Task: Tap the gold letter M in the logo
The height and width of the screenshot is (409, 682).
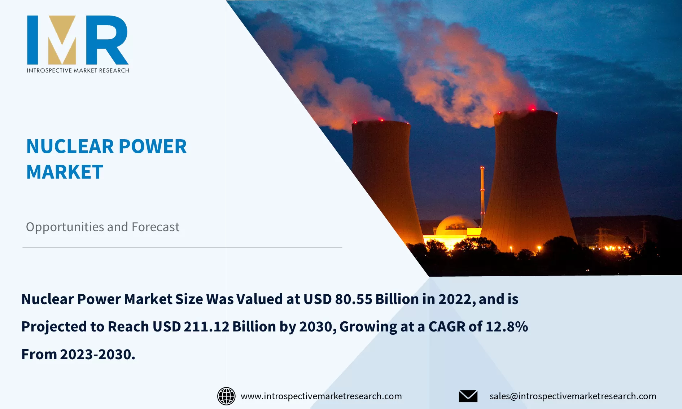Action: [x=62, y=40]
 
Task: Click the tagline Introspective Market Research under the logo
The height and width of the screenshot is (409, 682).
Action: [x=78, y=70]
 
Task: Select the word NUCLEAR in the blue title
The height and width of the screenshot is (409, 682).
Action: [x=70, y=146]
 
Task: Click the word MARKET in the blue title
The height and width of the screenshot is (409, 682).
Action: [x=65, y=172]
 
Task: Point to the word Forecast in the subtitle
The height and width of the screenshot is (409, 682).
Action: [x=156, y=227]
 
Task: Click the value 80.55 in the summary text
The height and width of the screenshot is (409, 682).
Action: [x=353, y=299]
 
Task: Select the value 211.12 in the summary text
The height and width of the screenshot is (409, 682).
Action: [x=206, y=326]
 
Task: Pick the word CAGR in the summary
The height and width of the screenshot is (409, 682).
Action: [x=447, y=326]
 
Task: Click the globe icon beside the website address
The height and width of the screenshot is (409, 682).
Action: [x=226, y=396]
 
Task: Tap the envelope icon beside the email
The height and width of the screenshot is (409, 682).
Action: [x=468, y=396]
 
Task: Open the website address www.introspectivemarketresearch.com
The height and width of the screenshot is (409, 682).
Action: [x=321, y=396]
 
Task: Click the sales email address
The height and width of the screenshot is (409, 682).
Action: [x=573, y=396]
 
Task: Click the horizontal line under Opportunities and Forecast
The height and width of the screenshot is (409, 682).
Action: [x=182, y=247]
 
